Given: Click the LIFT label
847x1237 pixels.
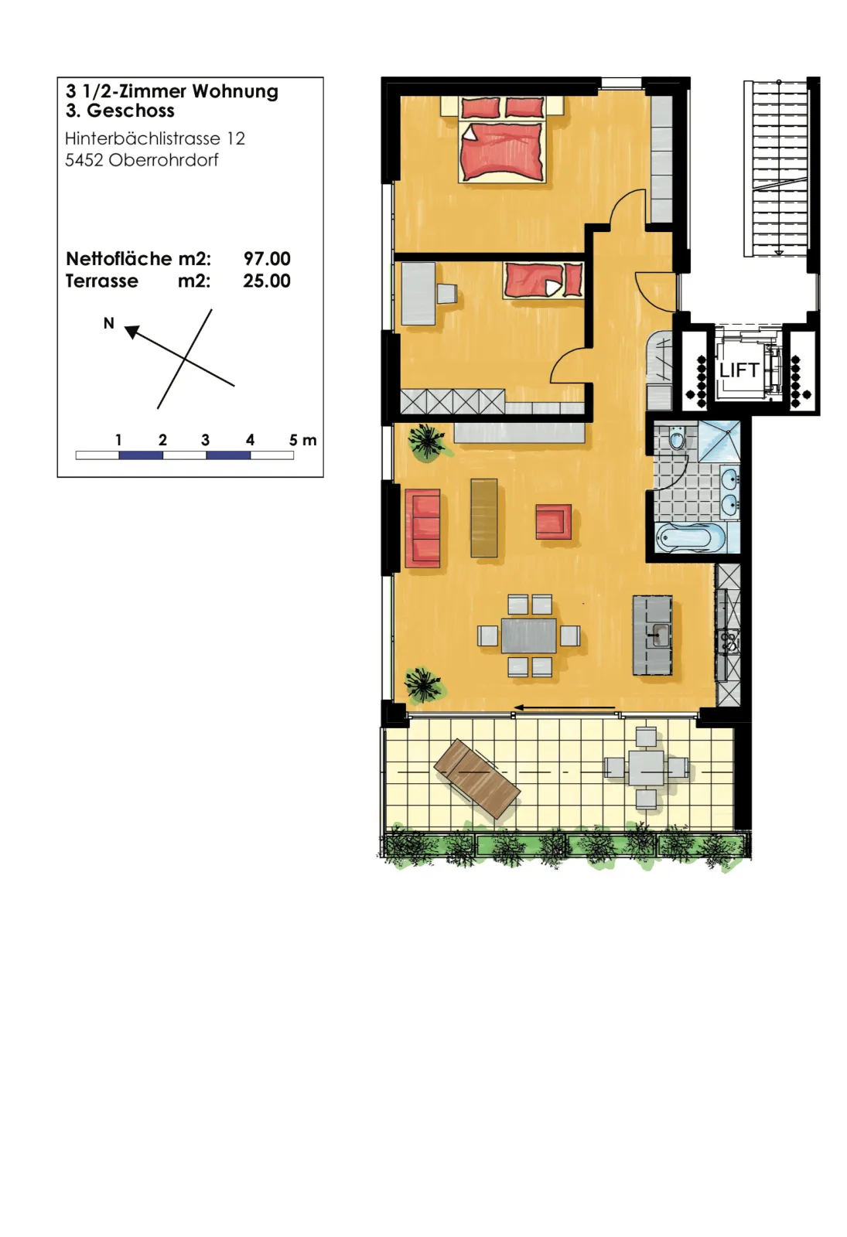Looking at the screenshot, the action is [x=739, y=370].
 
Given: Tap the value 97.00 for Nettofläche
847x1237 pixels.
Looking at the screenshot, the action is [x=267, y=258].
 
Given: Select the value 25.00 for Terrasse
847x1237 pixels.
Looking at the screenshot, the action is [x=267, y=281].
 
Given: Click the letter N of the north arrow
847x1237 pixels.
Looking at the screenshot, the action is [x=109, y=324].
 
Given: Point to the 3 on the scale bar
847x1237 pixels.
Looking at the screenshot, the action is [x=206, y=440].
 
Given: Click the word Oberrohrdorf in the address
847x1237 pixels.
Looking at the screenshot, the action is [x=163, y=160].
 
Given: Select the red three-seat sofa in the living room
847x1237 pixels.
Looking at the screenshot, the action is [x=422, y=528].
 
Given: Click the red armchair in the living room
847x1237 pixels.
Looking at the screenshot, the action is [x=553, y=521].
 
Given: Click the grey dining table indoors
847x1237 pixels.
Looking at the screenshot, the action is [x=529, y=636].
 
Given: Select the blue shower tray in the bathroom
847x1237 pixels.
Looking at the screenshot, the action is [x=719, y=441].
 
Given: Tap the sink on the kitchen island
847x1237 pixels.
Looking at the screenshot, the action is [x=658, y=635].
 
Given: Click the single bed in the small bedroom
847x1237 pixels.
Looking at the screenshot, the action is [x=542, y=281].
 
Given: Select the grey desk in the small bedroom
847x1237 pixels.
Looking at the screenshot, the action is [x=418, y=293].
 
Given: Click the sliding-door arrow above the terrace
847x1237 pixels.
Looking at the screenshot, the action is [x=565, y=707].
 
